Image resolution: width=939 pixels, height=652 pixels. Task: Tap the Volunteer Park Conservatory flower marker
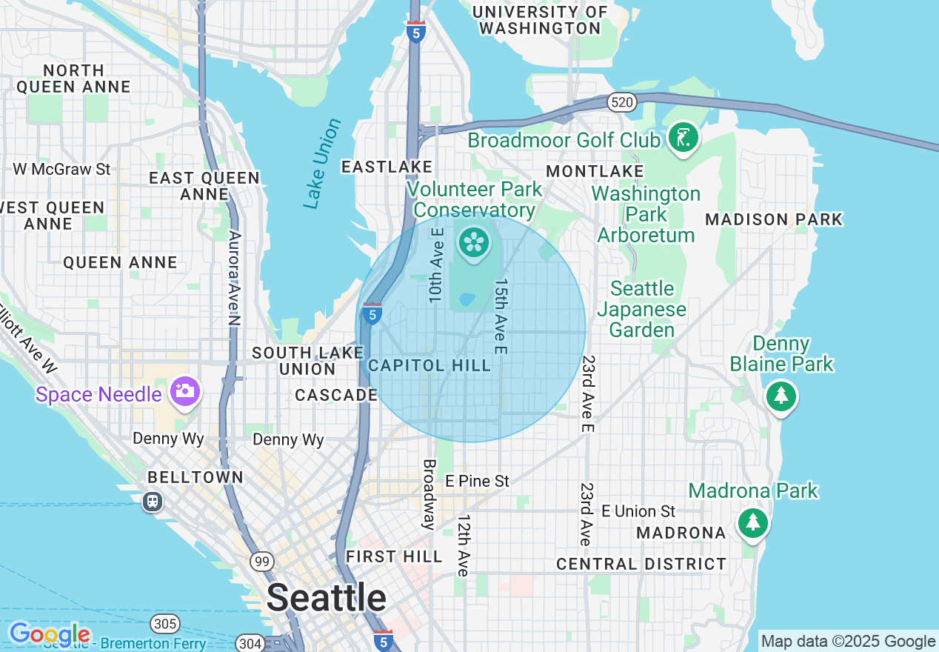click(x=472, y=242)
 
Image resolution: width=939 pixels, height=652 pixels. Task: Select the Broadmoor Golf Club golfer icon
click(x=683, y=138)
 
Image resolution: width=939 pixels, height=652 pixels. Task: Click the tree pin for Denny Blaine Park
click(x=781, y=396)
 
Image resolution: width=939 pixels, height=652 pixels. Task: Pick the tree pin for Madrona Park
click(x=753, y=522)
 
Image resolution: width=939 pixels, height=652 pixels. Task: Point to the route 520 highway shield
click(x=622, y=102)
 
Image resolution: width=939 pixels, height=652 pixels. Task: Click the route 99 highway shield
click(x=261, y=562)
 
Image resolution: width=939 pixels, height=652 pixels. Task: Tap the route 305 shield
click(x=164, y=622)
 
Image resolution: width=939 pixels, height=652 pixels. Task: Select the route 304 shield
click(x=250, y=642)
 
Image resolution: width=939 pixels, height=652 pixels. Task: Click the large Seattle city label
click(x=326, y=597)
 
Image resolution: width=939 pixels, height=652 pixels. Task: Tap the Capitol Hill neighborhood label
click(x=430, y=365)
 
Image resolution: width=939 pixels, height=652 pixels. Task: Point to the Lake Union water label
click(x=322, y=164)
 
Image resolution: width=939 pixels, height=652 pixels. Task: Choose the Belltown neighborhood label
click(x=196, y=477)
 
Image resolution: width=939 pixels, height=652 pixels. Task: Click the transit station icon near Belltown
click(x=153, y=502)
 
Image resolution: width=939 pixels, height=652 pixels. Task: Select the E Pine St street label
click(x=477, y=481)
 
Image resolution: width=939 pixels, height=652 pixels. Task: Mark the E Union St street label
click(x=638, y=511)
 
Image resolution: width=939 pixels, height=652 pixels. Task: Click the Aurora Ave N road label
click(x=235, y=278)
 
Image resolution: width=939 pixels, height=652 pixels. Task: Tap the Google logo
click(x=50, y=634)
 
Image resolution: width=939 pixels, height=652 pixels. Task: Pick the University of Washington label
click(x=540, y=20)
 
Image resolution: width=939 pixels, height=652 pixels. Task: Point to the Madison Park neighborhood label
click(x=774, y=219)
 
